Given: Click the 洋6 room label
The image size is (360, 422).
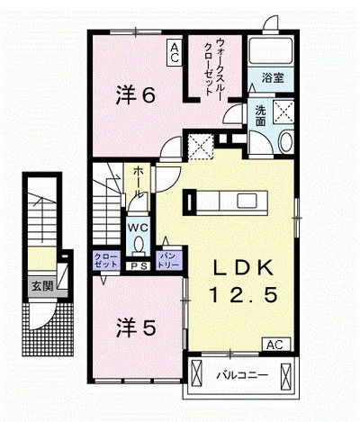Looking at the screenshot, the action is pos(136,95).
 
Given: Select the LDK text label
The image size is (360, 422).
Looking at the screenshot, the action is pos(243,267).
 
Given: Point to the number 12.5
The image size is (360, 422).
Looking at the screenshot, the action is pos(242,294).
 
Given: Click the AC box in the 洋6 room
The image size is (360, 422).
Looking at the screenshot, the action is pos(175,53).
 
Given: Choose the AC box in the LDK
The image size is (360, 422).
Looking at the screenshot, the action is pos(276,344).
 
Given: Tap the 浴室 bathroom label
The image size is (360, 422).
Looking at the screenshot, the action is pos(273,78).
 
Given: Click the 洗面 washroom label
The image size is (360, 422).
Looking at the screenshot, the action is pos(261,116).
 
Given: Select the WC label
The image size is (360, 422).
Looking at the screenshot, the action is pos(139,228).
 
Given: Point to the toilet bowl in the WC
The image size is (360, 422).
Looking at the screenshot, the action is pos(139,245).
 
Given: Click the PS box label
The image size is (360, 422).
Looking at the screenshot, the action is pos(139,266).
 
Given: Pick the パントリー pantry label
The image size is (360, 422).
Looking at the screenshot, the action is pos(169,261).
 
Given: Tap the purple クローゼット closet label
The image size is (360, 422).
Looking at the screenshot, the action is pos(106,261).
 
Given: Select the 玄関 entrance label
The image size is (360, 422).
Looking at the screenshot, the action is pos(42,286).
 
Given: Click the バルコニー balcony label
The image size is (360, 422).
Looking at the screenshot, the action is pos(242,375).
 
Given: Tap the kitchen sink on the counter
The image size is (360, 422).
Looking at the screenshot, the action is pos(246,201).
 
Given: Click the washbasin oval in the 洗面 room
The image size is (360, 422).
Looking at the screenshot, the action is pos(285,141).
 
